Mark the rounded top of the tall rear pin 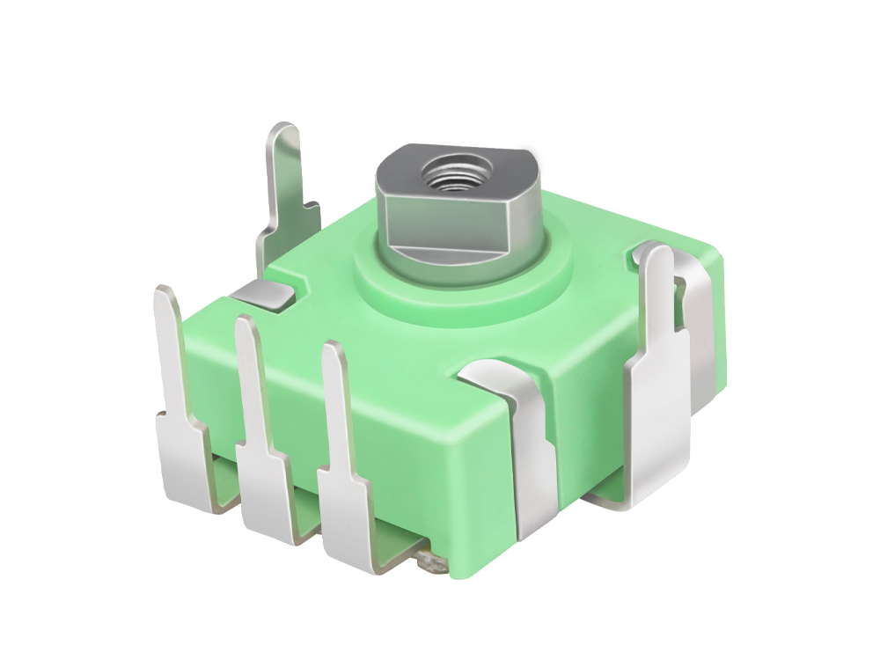click(x=284, y=132)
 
